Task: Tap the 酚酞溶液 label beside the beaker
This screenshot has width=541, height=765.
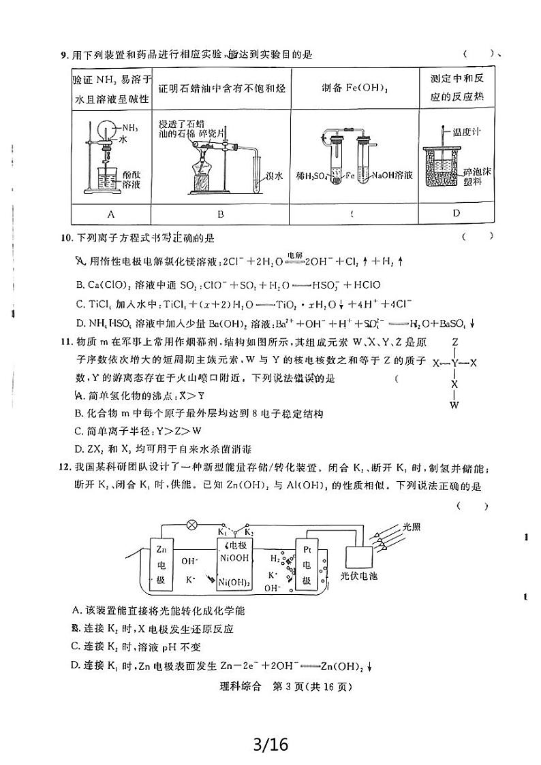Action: [132, 180]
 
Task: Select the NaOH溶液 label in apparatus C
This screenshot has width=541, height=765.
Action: [392, 176]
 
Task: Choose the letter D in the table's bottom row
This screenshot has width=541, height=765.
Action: [456, 213]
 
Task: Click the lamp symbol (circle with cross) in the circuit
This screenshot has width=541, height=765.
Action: [192, 525]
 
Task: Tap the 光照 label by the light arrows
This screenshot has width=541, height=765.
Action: [413, 526]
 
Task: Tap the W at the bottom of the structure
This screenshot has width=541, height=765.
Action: [454, 406]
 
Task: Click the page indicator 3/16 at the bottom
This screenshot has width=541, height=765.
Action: [270, 744]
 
